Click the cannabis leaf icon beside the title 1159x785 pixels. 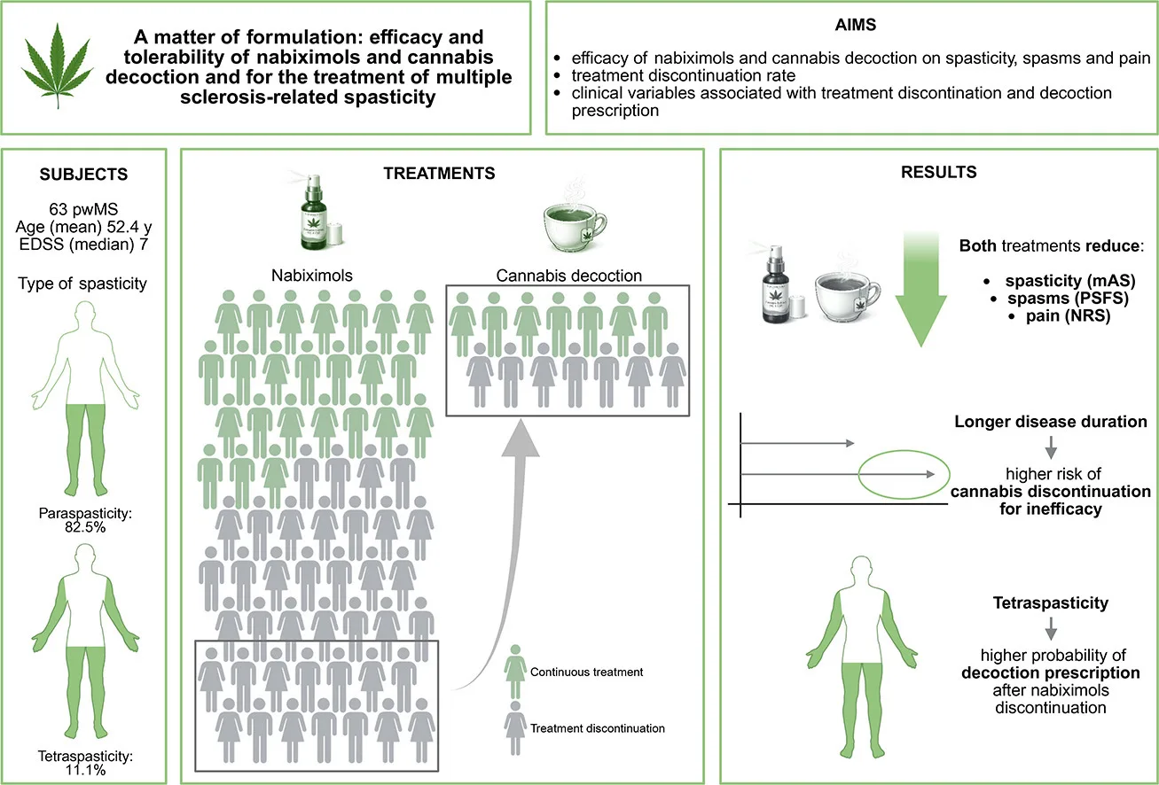point(58,66)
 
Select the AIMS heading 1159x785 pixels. point(855,25)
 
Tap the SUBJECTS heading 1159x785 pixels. point(84,175)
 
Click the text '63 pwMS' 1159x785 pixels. point(83,209)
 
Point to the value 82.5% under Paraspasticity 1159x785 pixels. point(85,527)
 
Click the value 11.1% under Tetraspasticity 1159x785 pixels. point(85,770)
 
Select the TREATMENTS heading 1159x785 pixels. point(439,174)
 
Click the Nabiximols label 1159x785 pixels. point(312,276)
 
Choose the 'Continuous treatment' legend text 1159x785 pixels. point(586,672)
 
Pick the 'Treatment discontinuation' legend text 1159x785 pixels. point(598,728)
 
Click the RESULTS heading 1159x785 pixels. point(938,172)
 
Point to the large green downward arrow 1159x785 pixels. point(921,290)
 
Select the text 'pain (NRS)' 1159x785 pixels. point(1068,316)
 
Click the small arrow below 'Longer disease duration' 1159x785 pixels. point(1051,447)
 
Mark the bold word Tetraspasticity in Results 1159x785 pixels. point(1050,603)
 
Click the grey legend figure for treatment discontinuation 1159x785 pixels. point(515,728)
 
